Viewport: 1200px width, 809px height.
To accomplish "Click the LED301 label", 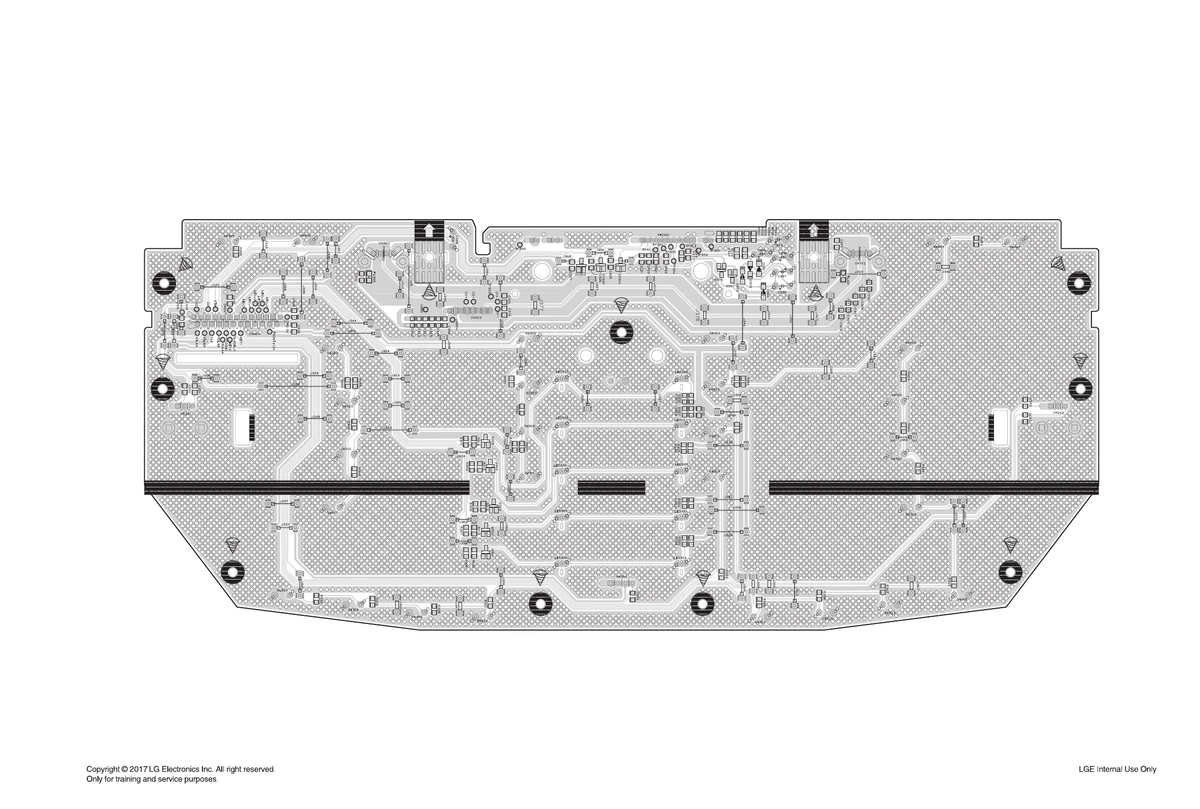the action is (x=681, y=558).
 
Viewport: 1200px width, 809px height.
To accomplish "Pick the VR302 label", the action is (x=1058, y=413).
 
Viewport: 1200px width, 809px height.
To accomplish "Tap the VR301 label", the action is (x=186, y=413).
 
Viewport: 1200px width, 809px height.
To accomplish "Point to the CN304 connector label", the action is (x=254, y=334).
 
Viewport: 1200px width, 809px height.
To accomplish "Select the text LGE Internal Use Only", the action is (x=1117, y=769).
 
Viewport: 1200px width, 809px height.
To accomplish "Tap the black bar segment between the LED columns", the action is (x=611, y=487).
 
